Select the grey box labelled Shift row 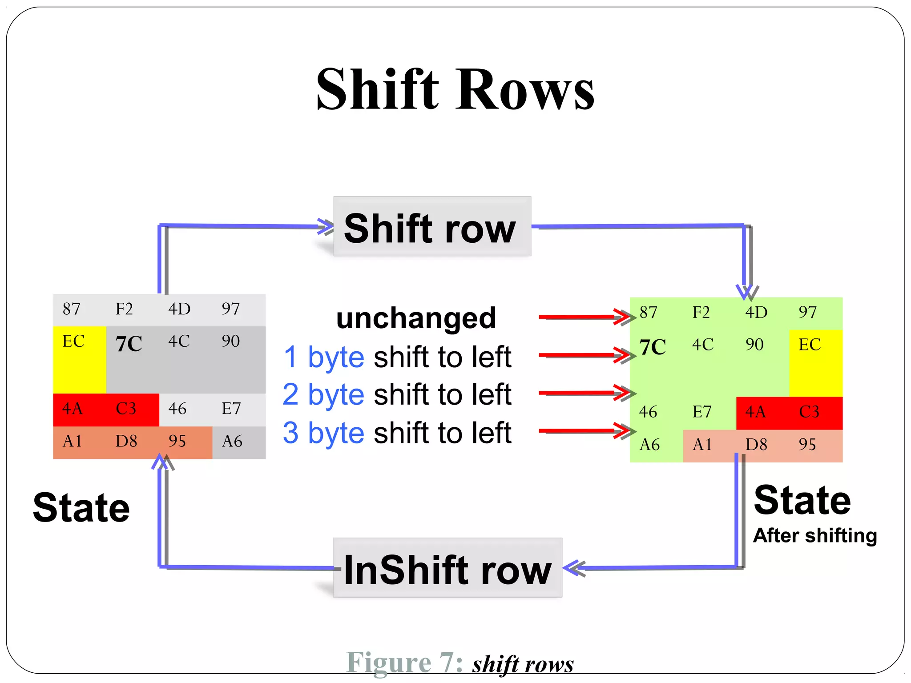pyautogui.click(x=431, y=227)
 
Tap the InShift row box pyautogui.click(x=447, y=568)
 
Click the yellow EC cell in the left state pyautogui.click(x=79, y=359)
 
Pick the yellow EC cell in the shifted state pyautogui.click(x=815, y=362)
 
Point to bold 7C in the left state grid pyautogui.click(x=129, y=343)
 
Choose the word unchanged pyautogui.click(x=416, y=318)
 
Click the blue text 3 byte pyautogui.click(x=323, y=433)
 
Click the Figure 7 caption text pyautogui.click(x=460, y=663)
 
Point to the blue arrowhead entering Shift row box pyautogui.click(x=326, y=226)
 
